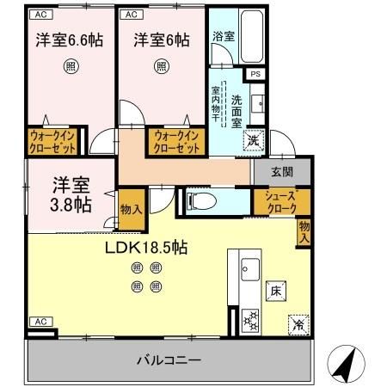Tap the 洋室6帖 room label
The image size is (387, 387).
click(162, 40)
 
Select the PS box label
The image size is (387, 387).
click(256, 74)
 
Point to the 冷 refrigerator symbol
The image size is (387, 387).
click(296, 325)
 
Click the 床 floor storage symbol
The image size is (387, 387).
click(277, 291)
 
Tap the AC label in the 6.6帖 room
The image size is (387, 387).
click(40, 15)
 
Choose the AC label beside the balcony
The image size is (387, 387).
click(40, 321)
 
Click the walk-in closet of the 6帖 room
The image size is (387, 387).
click(178, 142)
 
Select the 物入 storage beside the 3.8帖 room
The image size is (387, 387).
click(131, 211)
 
